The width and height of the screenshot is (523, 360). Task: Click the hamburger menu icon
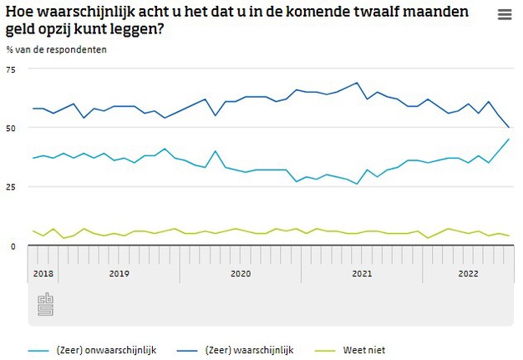504,15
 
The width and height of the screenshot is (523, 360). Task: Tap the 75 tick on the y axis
11,69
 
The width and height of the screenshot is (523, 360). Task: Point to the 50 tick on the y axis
11,128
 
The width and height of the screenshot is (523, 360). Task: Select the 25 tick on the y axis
11,186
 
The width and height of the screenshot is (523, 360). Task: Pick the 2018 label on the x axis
43,273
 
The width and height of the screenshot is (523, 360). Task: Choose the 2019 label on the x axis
118,273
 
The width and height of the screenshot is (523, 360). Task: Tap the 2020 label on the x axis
240,273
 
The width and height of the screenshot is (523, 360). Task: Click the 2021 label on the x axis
362,273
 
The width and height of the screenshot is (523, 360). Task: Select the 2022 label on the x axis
468,273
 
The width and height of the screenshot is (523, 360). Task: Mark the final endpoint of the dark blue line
510,128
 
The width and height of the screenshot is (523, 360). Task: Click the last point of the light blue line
510,139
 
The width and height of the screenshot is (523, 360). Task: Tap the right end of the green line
510,236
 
